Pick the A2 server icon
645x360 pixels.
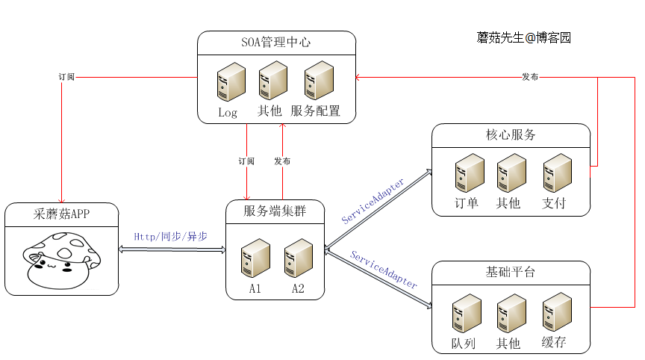pos(298,258)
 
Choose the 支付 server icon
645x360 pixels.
pos(557,173)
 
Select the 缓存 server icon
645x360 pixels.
pos(557,311)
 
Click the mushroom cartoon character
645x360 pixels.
pos(60,259)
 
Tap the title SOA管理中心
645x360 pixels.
pos(275,43)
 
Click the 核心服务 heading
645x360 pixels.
pos(511,135)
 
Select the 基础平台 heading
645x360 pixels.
pos(511,272)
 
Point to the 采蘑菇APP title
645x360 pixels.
pos(61,214)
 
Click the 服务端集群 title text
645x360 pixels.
pos(275,211)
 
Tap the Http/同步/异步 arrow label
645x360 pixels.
pos(170,236)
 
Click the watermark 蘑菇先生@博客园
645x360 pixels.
pos(524,37)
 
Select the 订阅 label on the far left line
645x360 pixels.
pos(66,77)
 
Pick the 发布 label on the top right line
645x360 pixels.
pos(530,77)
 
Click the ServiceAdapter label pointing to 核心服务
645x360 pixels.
pos(373,202)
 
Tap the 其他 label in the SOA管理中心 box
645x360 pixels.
pos(269,111)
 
